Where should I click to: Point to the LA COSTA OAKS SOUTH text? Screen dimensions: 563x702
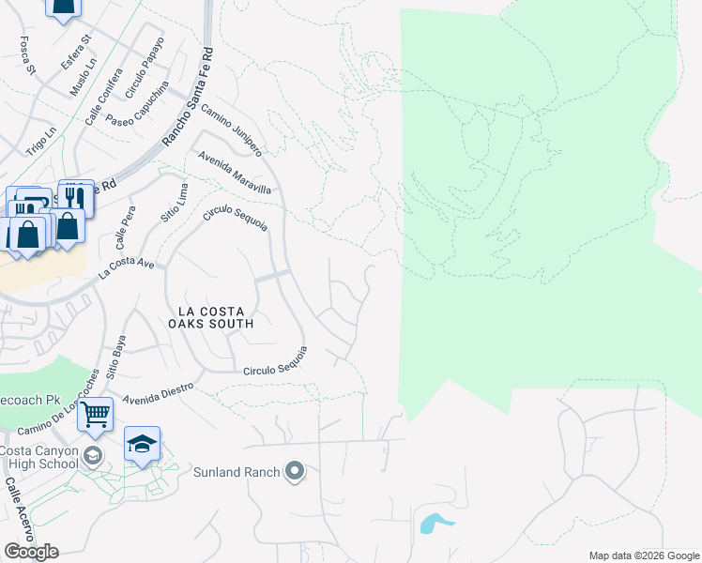pos(210,317)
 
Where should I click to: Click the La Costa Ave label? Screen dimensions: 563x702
pos(127,268)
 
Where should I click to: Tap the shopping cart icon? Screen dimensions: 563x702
pos(95,414)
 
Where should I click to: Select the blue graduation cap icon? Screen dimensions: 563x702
pos(142,444)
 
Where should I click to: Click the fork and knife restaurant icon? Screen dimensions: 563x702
pos(76,197)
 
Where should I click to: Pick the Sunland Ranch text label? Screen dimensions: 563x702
pos(237,472)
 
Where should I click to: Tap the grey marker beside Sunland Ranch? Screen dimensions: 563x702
pos(296,471)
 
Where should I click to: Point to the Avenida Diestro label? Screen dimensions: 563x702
pos(157,390)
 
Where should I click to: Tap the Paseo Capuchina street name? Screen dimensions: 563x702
pos(136,109)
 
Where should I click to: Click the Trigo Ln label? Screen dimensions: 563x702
pos(40,141)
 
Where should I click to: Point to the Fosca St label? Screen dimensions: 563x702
pos(26,55)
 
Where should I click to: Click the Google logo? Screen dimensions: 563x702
pos(31,551)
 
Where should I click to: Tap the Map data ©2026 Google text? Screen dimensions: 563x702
pos(643,555)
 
